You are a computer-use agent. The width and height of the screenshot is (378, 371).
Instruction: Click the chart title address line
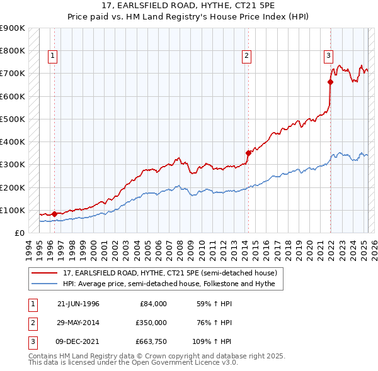pos(188,6)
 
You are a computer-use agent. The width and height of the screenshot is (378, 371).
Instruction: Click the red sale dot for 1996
pos(54,214)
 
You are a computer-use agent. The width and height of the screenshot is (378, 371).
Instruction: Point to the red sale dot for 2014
pos(248,152)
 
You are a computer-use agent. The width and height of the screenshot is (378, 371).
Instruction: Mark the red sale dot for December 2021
pos(330,81)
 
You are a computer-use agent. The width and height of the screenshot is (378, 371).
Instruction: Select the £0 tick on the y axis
pos(19,233)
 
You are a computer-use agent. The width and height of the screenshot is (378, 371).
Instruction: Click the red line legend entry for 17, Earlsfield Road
pos(169,273)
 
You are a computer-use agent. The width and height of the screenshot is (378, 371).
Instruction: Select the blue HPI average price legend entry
pos(173,284)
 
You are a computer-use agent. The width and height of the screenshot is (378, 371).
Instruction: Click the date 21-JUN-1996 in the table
pos(78,304)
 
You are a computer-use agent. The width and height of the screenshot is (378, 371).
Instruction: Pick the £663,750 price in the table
pos(150,341)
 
